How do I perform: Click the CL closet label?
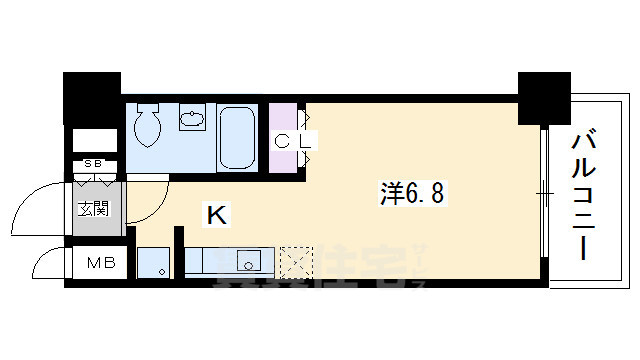tap(295, 141)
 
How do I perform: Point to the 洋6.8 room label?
tap(412, 190)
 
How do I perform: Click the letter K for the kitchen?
tap(216, 212)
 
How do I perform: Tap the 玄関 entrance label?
tap(95, 210)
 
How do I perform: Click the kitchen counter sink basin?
tap(247, 263)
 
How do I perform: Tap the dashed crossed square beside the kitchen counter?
tap(296, 262)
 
